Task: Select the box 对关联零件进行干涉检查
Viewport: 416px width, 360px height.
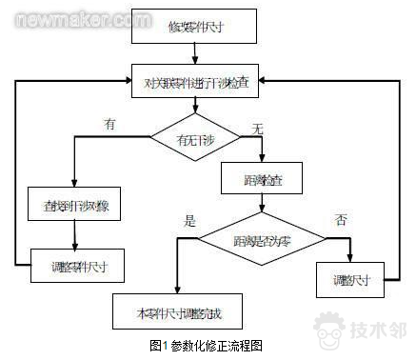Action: (x=196, y=84)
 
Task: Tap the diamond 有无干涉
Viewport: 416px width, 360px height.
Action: (x=196, y=141)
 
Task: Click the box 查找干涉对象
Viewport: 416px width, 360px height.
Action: (x=74, y=205)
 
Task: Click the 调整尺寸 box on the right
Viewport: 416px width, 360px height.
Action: (x=348, y=280)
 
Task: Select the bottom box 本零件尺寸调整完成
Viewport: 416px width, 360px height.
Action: (x=177, y=310)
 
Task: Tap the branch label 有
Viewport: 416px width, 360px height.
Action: (x=111, y=124)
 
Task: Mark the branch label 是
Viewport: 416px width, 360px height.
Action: (x=189, y=220)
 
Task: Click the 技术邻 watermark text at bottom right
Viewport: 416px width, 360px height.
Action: (x=379, y=332)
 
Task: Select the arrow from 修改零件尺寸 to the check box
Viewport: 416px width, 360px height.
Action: (x=197, y=54)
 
